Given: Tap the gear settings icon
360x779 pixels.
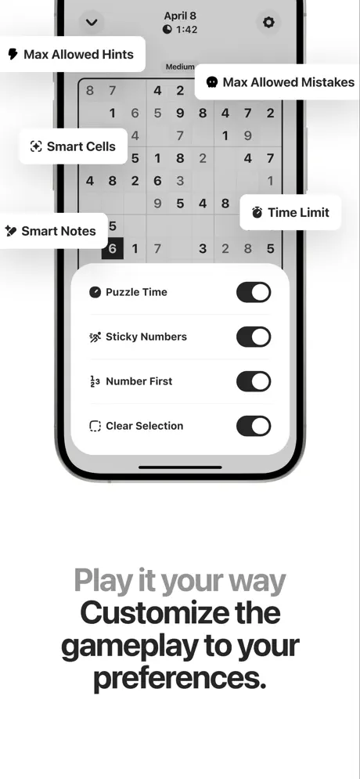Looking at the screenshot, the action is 268,23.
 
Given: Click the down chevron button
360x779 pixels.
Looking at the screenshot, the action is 92,23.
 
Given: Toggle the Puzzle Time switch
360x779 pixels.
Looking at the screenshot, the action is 254,292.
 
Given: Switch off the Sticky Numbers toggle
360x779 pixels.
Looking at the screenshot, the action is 254,337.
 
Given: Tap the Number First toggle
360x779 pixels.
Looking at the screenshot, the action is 254,381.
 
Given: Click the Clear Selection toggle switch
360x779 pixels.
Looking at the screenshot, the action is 254,426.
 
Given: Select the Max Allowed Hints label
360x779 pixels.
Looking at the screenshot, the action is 78,54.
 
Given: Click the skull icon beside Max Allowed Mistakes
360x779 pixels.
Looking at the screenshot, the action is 212,82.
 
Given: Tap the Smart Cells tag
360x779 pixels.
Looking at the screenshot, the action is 73,146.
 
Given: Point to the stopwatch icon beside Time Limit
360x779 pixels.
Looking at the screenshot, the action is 257,213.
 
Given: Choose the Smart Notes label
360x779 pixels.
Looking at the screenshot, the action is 59,231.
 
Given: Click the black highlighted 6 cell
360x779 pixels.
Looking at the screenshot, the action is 112,248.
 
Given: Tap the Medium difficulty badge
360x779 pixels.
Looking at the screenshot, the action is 180,67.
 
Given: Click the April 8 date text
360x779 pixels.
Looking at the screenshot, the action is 180,16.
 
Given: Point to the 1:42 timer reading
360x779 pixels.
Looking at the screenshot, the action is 186,30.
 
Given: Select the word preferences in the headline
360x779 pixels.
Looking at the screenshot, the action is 180,679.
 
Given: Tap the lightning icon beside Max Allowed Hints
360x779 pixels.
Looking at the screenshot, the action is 13,54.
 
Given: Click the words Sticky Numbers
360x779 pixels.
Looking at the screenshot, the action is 146,337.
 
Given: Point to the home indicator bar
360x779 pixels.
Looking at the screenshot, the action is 180,467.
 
